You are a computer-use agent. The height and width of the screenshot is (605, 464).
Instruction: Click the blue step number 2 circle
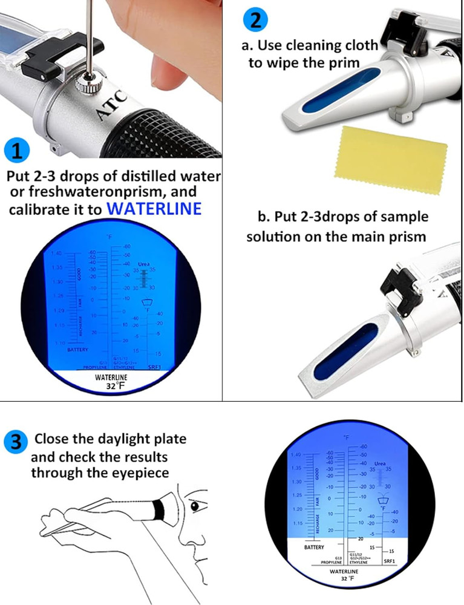pyautogui.click(x=256, y=20)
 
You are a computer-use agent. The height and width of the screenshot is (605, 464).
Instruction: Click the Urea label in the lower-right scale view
pyautogui.click(x=380, y=463)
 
